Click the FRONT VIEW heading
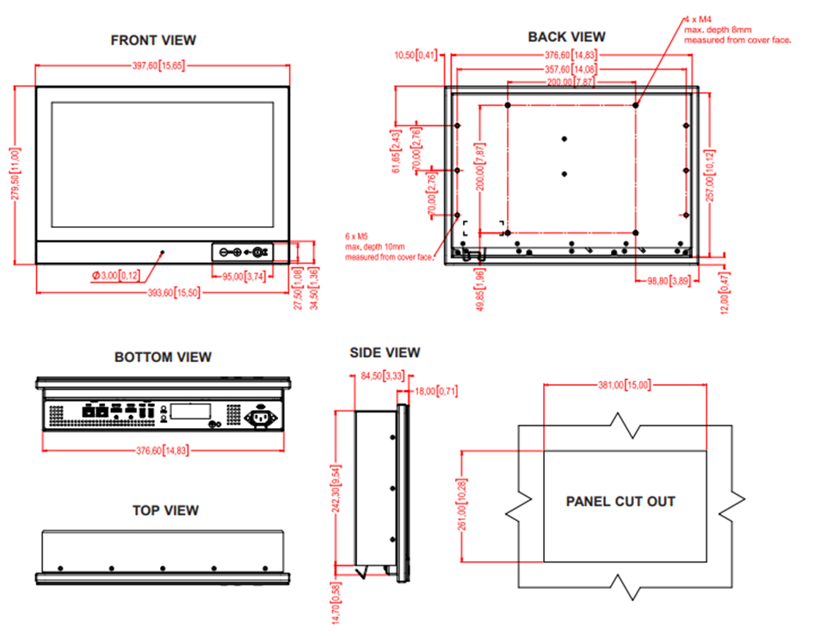click(153, 40)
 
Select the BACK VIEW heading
click(566, 37)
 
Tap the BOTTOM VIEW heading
click(163, 358)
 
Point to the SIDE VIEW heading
click(385, 352)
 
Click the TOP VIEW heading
click(165, 511)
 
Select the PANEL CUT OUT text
click(620, 501)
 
